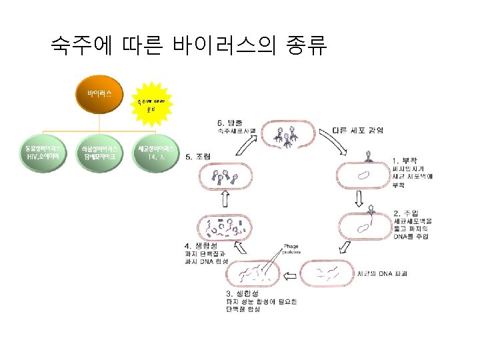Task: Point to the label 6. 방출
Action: pyautogui.click(x=230, y=122)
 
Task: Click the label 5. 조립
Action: pyautogui.click(x=197, y=156)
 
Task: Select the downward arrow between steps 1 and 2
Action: pyautogui.click(x=359, y=198)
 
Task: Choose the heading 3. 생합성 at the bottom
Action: pyautogui.click(x=243, y=293)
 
